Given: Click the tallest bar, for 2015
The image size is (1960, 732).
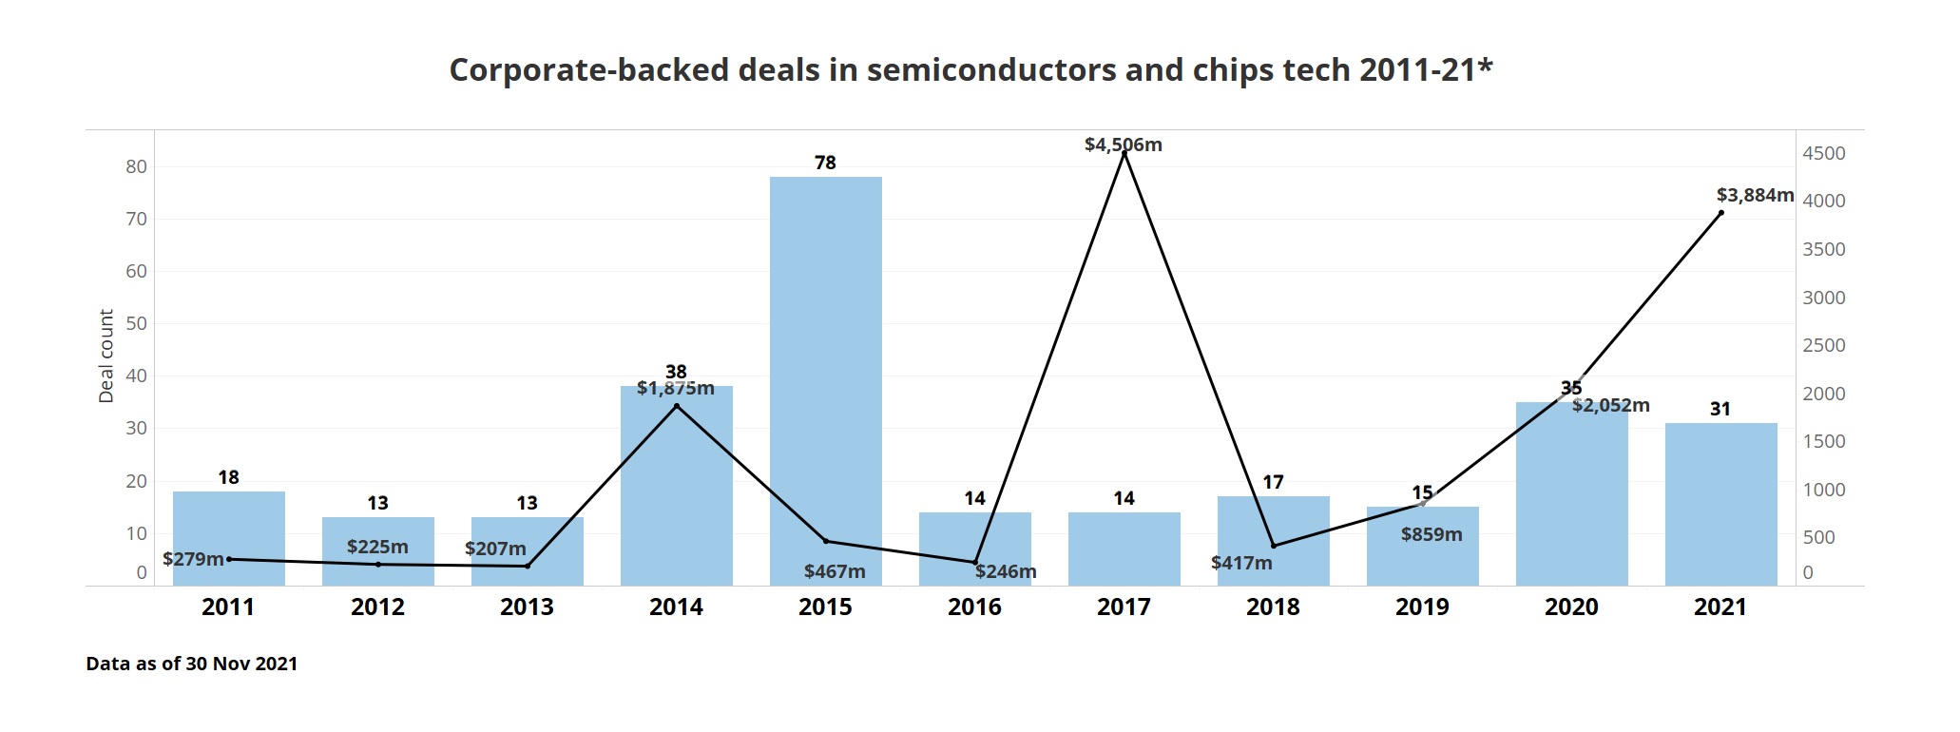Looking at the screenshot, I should point(825,380).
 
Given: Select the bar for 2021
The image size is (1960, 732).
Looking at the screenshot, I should point(1720,504).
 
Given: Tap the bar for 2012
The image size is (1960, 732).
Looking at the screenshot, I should point(377,551).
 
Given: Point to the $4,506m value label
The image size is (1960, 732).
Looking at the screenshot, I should point(1123,144).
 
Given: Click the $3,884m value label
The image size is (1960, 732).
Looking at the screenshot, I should point(1754,195).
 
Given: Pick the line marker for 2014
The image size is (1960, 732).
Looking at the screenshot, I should point(676,406).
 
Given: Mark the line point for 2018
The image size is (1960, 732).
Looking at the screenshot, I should point(1273,546).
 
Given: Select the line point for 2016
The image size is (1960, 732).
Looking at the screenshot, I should point(974,562).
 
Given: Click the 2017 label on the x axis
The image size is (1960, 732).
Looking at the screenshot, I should point(1124,607).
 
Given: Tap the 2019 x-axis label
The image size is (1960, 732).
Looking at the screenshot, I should point(1422,607).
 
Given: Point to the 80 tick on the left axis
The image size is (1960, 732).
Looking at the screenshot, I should point(136,166).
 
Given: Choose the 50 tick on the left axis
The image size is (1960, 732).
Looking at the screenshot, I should point(136,323).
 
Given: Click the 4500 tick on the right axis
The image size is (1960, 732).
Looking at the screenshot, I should point(1823,153).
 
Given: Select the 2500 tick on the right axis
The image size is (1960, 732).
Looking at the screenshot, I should point(1823,345).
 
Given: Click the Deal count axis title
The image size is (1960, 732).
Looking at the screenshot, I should point(106,356).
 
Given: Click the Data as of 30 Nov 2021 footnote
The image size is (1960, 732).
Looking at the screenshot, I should point(191,664).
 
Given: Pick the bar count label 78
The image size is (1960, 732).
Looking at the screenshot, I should point(825,163).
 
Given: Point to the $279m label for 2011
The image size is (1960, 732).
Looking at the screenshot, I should point(193,559).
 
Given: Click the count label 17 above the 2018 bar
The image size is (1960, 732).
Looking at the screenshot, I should point(1273,482).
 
